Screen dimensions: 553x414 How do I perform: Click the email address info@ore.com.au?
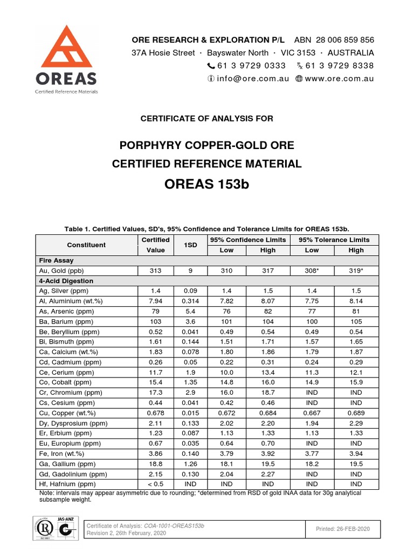[x=253, y=78]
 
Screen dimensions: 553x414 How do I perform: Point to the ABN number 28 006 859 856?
[x=341, y=41]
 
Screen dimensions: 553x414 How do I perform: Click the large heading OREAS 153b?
[x=207, y=185]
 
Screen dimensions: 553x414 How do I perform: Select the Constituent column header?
[x=86, y=245]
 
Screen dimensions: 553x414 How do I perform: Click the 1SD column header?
[x=190, y=245]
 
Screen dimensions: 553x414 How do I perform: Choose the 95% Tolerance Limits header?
[x=334, y=240]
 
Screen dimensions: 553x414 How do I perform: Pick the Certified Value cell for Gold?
[x=155, y=271]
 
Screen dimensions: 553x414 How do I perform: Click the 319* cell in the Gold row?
[x=356, y=271]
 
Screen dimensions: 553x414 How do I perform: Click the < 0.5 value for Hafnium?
[x=155, y=484]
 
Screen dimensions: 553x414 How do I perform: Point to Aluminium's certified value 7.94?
[x=155, y=301]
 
